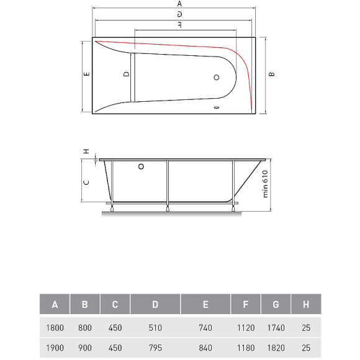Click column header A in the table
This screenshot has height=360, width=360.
55,305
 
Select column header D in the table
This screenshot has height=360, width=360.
155,305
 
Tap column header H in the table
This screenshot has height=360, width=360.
306,305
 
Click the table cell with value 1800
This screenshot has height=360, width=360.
55,327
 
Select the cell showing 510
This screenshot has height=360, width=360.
155,327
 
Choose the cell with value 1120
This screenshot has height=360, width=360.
246,327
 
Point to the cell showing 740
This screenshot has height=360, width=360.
205,327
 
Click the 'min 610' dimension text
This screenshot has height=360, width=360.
264,184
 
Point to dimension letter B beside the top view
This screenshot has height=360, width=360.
271,74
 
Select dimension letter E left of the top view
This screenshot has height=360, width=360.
88,74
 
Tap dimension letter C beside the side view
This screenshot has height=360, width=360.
88,182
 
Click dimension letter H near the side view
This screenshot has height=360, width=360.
87,151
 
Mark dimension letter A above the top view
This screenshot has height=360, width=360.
179,4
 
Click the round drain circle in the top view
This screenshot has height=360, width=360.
217,78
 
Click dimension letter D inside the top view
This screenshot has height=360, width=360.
126,74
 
